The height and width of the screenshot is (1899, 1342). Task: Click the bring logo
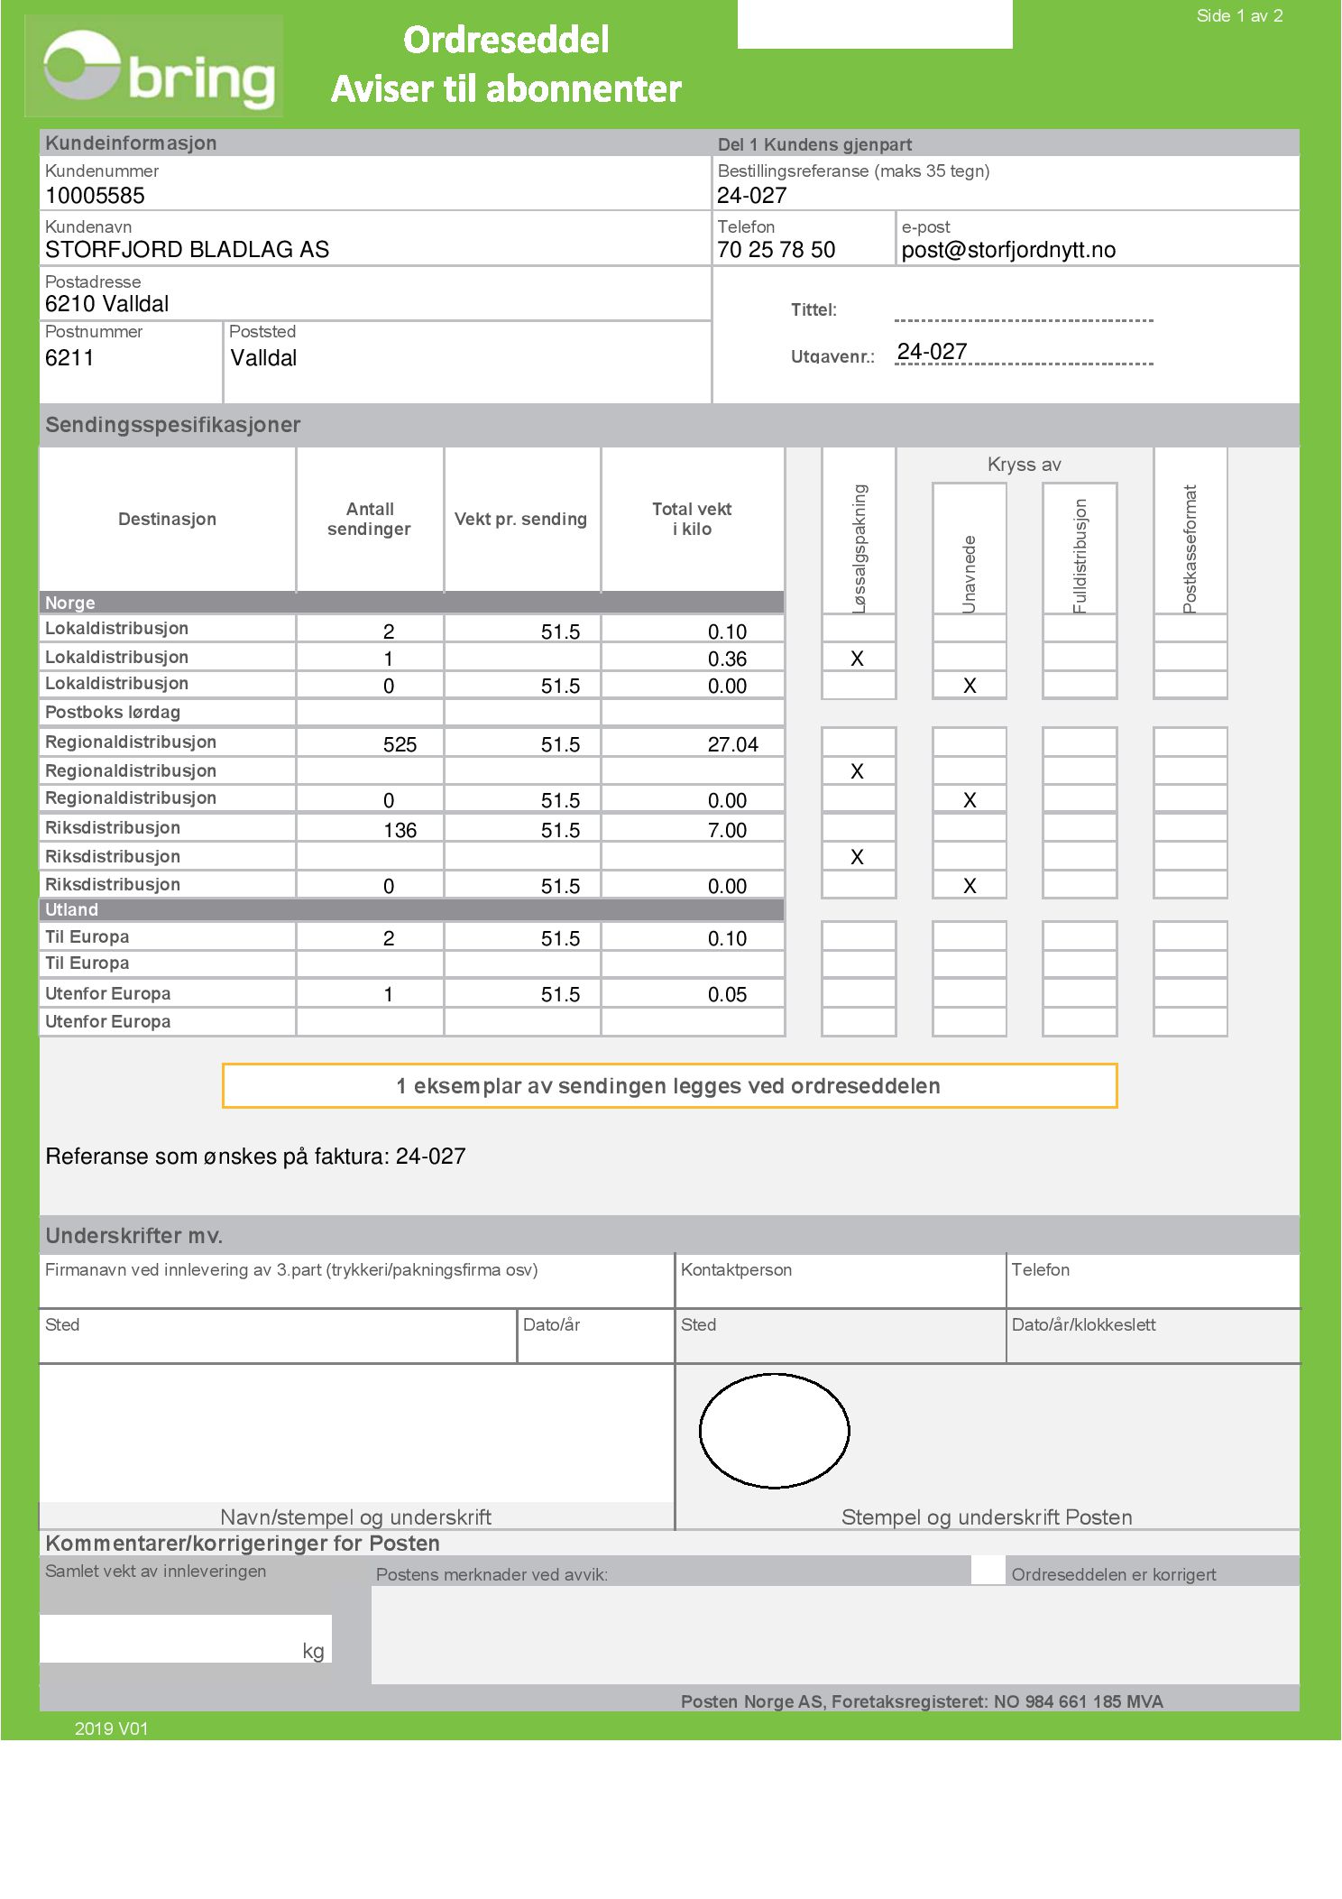158,68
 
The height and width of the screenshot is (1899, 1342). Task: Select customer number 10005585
95,196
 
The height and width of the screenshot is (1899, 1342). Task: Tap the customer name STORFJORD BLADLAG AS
187,250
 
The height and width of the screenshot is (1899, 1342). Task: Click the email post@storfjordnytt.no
1008,250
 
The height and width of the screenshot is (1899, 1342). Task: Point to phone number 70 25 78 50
776,250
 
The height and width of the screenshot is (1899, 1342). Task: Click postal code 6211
69,358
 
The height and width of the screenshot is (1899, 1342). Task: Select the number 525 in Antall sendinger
400,744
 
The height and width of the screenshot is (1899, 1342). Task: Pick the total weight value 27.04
732,744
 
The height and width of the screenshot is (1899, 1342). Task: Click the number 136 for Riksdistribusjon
400,830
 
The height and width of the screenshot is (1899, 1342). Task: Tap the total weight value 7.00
727,830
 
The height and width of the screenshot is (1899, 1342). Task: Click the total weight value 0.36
727,659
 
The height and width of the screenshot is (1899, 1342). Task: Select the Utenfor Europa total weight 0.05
727,994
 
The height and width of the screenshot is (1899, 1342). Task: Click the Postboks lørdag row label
113,713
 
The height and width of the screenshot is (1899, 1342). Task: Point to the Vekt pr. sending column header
520,520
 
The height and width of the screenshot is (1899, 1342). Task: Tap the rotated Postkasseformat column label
1190,548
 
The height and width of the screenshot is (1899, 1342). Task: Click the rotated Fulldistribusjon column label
1080,555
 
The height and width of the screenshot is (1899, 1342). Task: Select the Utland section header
72,909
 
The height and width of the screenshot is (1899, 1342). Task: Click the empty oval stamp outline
775,1431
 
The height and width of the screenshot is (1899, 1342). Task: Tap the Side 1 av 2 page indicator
1239,16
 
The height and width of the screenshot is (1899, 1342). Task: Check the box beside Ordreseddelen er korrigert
988,1571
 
